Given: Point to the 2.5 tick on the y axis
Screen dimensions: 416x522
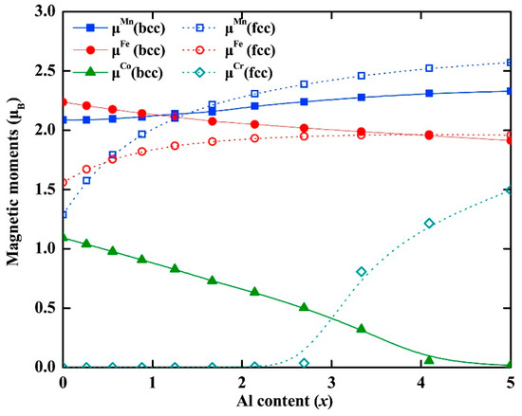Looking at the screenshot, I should pyautogui.click(x=46, y=70).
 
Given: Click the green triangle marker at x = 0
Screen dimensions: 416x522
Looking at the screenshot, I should pyautogui.click(x=63, y=237).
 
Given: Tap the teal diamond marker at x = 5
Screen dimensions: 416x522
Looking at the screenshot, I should pyautogui.click(x=510, y=190).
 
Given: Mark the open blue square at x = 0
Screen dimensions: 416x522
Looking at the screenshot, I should pyautogui.click(x=63, y=214).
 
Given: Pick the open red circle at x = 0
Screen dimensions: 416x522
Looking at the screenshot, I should pyautogui.click(x=63, y=182).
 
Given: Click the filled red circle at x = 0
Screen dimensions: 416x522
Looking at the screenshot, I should pyautogui.click(x=63, y=101).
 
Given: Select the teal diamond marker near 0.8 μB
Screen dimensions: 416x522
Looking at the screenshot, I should pyautogui.click(x=361, y=272).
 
